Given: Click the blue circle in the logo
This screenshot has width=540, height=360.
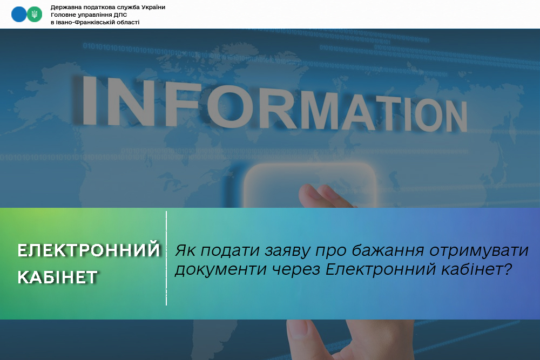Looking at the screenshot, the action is click(x=19, y=14).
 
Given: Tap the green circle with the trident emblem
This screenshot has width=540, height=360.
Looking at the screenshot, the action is click(x=35, y=14).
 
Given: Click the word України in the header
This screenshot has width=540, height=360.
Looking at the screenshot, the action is click(x=153, y=7).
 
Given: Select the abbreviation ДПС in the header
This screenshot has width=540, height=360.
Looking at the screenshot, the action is click(x=120, y=15).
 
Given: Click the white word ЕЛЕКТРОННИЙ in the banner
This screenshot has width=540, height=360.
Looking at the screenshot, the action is click(x=89, y=250).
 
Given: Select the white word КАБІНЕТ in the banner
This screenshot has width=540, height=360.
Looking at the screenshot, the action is click(x=58, y=277).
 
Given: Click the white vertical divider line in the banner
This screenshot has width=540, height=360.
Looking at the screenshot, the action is click(x=166, y=258).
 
